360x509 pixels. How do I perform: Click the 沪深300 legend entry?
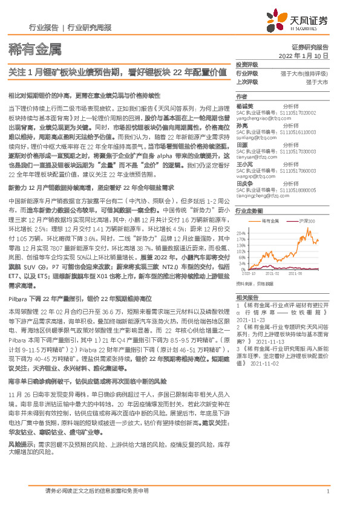(313, 222)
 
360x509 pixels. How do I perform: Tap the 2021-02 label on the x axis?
(271, 273)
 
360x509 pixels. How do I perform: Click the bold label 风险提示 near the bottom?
(18, 444)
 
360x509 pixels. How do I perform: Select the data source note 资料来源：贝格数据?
(254, 283)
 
